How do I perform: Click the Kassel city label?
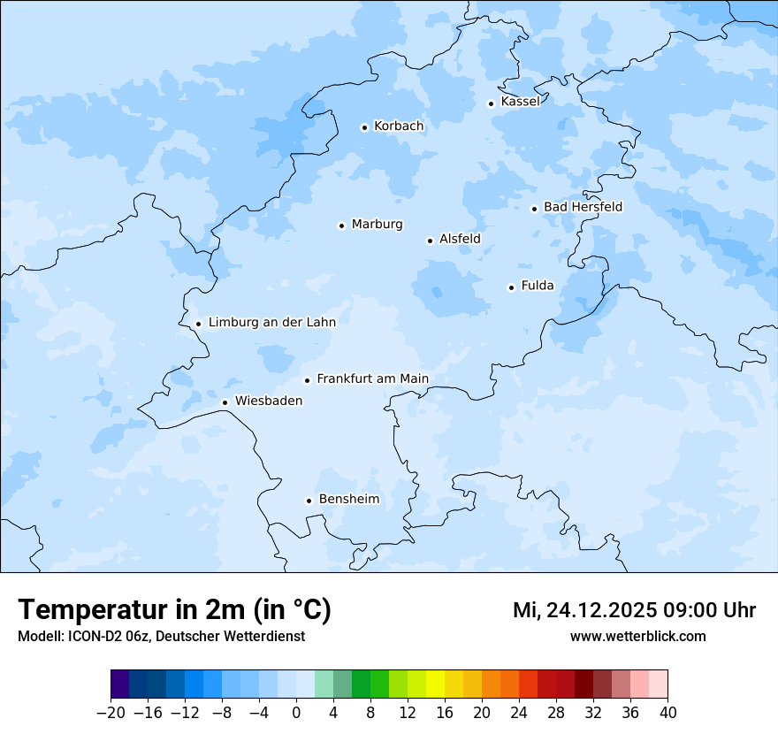(x=520, y=102)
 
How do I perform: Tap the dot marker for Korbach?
(x=364, y=127)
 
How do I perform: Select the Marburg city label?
(x=377, y=225)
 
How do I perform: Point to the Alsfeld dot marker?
(x=430, y=241)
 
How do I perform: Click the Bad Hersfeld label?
(x=583, y=207)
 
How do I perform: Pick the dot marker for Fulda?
(x=511, y=287)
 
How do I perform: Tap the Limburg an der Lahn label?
(x=271, y=323)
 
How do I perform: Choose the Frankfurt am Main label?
(x=372, y=378)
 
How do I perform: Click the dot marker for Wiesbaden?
(x=225, y=402)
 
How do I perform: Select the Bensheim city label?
(x=348, y=500)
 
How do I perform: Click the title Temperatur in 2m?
(x=174, y=610)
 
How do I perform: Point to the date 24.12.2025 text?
(x=601, y=610)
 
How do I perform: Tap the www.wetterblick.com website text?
(x=637, y=637)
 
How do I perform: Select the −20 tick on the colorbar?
(x=110, y=713)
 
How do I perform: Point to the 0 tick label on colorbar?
(x=296, y=713)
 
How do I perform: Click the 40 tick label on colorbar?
(x=667, y=713)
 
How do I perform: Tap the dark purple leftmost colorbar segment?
(x=119, y=684)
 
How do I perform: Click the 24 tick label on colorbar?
(x=519, y=713)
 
